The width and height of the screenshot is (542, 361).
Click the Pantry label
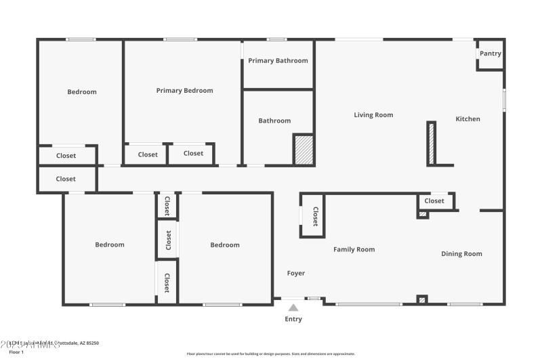pos(490,54)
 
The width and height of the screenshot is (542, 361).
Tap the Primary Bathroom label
pos(278,61)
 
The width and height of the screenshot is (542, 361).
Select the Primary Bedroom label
pos(184,91)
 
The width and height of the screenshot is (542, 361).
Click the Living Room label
pos(373,115)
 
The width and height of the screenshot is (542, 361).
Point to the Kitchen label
pos(467,119)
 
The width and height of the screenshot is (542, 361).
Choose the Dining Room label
pos(461,254)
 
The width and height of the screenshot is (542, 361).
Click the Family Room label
pos(354,250)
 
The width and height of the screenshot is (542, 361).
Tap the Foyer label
pos(296,274)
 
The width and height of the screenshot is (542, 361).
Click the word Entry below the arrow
pos(293,319)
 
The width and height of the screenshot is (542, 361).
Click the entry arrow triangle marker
pos(293,307)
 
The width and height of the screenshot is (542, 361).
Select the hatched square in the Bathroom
pos(304,150)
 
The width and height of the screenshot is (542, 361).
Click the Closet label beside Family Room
pos(315,216)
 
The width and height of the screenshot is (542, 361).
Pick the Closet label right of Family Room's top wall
pos(434,201)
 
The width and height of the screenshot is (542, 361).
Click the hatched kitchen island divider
pos(431,143)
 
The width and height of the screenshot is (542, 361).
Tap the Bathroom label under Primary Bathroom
pos(274,121)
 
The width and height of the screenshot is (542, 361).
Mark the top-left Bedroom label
pos(82,92)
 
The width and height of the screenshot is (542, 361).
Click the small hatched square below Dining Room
pos(422,299)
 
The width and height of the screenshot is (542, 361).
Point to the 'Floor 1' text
pos(15,352)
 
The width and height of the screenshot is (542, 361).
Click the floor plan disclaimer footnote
pos(270,354)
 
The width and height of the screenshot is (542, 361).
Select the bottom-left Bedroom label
pos(110,245)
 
